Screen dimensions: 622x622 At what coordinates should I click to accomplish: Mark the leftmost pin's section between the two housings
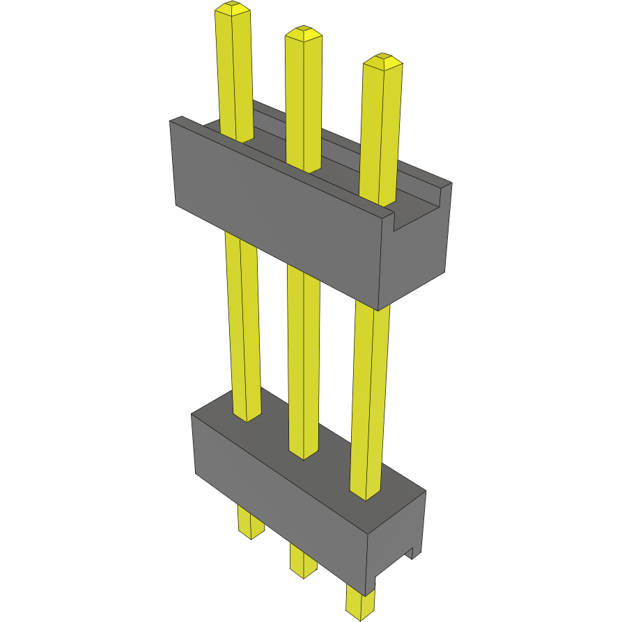[244, 327]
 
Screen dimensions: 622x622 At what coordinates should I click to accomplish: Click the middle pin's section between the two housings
[304, 362]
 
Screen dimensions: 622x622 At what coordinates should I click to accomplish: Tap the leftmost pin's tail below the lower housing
[249, 522]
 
